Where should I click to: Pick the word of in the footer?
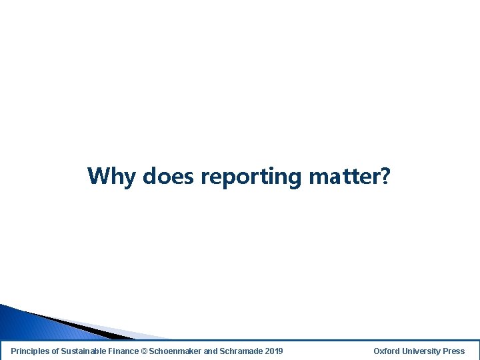(x=56, y=351)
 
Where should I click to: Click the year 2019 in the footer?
(x=273, y=351)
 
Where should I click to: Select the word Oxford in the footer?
(x=386, y=351)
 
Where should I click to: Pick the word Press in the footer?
(x=453, y=351)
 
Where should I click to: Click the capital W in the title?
(x=98, y=176)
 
